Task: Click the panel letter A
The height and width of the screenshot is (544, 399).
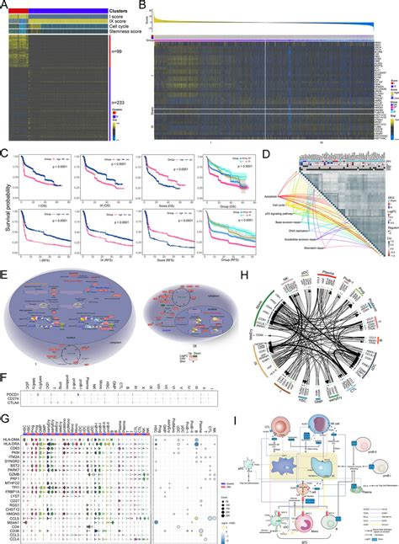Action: point(5,6)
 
